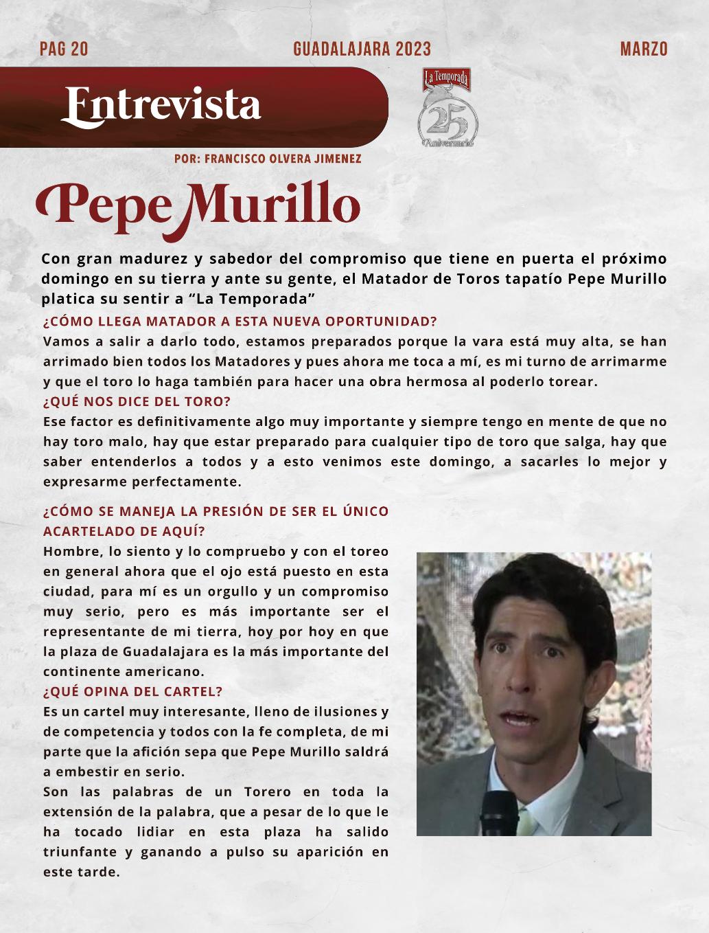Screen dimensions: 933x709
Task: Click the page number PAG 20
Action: pos(64,49)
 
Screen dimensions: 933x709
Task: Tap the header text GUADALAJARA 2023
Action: pos(362,49)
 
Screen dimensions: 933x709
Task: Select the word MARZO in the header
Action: pos(643,49)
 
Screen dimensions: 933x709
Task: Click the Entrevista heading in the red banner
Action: pos(162,105)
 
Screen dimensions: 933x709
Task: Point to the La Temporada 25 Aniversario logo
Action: pos(447,109)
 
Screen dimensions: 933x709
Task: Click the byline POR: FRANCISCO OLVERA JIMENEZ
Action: pos(268,159)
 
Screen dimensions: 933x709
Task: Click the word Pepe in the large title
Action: pos(103,204)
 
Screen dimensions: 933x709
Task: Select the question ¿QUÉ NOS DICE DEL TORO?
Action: pos(137,401)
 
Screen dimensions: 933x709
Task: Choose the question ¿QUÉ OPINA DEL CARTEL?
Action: pos(133,691)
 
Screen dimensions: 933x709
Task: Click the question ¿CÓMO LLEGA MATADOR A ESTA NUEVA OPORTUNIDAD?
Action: pos(240,322)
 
